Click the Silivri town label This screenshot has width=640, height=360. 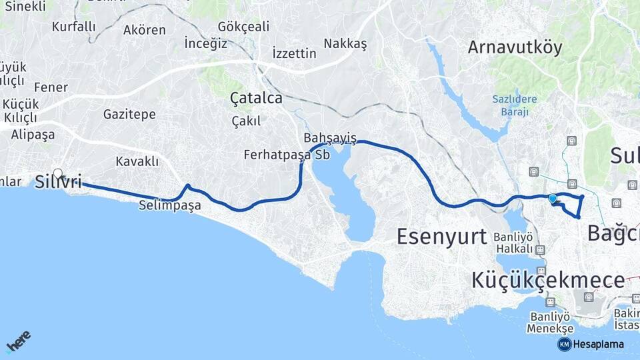[59, 182]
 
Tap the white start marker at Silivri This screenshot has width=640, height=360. [58, 174]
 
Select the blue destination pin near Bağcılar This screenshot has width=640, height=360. [552, 198]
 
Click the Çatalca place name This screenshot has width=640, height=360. [256, 98]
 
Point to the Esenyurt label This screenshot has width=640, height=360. [442, 236]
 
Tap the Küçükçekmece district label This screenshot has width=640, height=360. [548, 280]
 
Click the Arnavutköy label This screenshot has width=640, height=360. [515, 47]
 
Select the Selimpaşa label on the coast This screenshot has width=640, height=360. [170, 205]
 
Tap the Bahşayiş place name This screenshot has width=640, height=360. [330, 138]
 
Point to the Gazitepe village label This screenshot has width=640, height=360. [129, 115]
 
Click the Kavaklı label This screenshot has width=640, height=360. [137, 161]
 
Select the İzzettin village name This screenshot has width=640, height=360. [295, 53]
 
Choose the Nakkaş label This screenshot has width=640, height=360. [345, 43]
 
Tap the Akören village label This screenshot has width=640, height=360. [145, 30]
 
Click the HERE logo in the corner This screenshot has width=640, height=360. [18, 342]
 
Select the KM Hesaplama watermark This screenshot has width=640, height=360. [591, 344]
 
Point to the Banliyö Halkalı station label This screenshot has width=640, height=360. [513, 243]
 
